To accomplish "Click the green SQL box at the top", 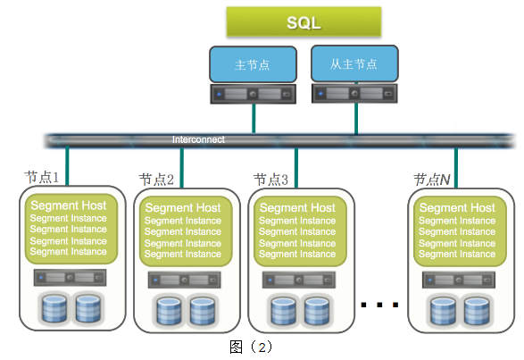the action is (x=304, y=21).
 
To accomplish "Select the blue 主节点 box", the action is (x=253, y=64).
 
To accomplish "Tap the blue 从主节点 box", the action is (x=354, y=63).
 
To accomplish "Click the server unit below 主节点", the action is (x=253, y=94).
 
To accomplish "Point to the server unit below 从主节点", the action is (x=354, y=93).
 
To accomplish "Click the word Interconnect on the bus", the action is (x=198, y=139).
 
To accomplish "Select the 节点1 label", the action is (x=41, y=177).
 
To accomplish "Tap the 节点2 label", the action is (x=156, y=180).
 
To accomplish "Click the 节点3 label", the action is (x=270, y=180).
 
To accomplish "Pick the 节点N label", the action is (x=432, y=180).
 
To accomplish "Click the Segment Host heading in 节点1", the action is (x=69, y=205).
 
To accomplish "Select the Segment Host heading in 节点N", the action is (x=457, y=208).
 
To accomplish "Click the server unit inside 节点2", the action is (x=185, y=280).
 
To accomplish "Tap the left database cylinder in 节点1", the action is (x=54, y=308).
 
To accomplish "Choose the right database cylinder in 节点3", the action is (x=317, y=311).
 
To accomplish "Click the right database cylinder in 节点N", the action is (x=477, y=311).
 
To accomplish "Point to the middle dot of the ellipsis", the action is (x=379, y=305).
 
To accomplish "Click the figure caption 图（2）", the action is (x=251, y=347).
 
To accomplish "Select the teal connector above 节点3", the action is (x=296, y=168).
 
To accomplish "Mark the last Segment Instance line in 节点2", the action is (x=183, y=254).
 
